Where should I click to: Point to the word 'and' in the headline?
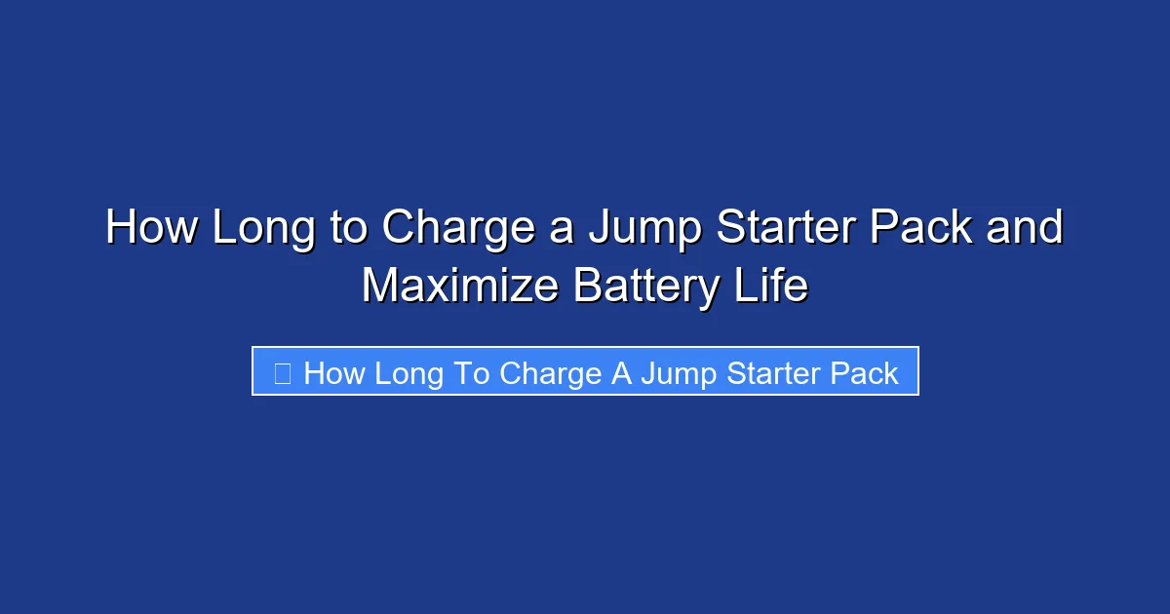click(1024, 228)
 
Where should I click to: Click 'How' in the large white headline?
click(152, 228)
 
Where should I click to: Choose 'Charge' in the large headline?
click(456, 228)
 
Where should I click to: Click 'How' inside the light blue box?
click(333, 373)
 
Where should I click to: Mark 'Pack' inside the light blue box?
click(864, 373)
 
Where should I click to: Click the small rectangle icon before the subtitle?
click(282, 373)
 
